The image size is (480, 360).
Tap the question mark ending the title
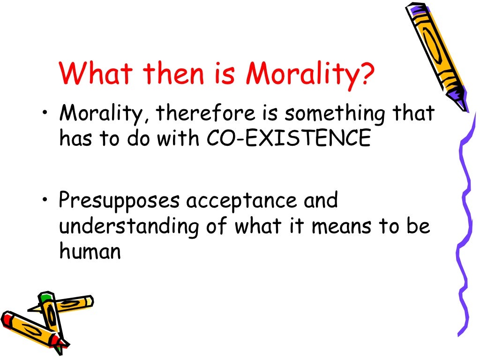(x=367, y=74)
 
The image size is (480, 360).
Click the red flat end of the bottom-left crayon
(x=6, y=319)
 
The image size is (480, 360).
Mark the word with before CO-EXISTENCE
(x=184, y=139)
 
